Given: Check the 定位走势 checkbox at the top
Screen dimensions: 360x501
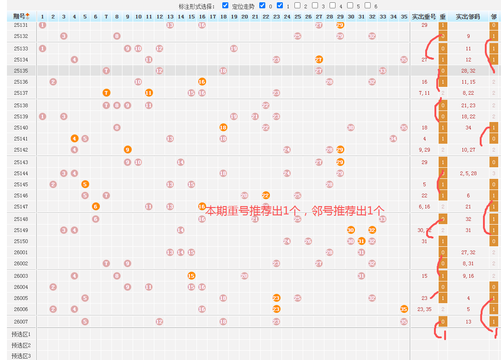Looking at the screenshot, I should point(225,6).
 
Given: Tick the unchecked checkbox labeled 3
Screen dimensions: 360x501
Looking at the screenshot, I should point(315,6).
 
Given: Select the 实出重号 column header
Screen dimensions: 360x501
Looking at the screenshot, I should point(424,17).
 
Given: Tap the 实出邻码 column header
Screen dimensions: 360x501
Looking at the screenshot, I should point(468,17).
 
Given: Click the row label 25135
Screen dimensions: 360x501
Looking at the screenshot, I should point(21,71).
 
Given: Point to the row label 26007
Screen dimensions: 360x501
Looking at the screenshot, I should point(21,322).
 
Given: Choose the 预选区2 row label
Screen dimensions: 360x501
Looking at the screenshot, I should point(21,345).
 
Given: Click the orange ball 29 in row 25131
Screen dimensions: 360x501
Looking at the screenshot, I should point(340,25).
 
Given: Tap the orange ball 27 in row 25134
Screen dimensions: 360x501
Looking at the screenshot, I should point(319,60).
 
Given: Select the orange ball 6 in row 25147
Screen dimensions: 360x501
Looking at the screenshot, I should point(96,207).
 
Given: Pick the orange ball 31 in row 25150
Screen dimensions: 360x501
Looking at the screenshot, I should point(361,241).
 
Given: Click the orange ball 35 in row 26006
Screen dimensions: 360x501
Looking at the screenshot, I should point(404,309).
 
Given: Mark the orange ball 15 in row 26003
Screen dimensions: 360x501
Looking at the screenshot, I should point(191,276).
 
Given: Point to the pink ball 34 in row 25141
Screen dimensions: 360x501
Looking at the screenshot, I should point(393,139).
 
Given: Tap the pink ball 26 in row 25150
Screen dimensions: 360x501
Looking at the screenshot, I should point(308,241).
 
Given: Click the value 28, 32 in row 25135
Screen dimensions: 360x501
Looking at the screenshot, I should point(468,71).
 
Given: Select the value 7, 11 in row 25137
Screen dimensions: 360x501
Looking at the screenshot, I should point(424,93).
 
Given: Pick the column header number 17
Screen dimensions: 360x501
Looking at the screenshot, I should point(213,17).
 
